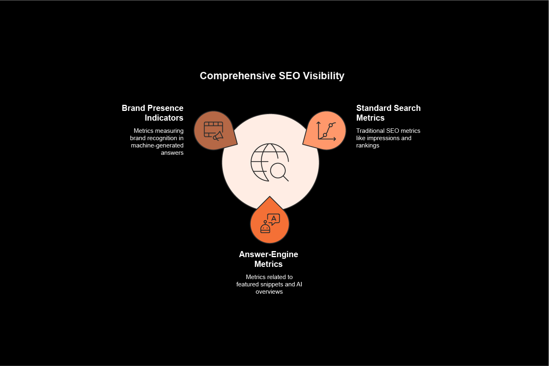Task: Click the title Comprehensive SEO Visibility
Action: (x=272, y=76)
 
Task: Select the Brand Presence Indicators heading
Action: (x=153, y=113)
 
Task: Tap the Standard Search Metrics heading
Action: (x=388, y=113)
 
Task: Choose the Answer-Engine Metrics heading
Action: (x=269, y=259)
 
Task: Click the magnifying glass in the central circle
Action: (x=279, y=171)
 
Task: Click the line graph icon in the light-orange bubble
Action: (x=327, y=131)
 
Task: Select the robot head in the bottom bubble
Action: (x=265, y=228)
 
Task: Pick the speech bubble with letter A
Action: (x=273, y=219)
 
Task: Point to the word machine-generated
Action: (x=157, y=145)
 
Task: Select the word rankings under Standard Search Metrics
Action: (x=368, y=145)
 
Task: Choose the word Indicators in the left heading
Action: (x=164, y=118)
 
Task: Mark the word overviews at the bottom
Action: (x=269, y=292)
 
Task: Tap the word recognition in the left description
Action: (x=162, y=138)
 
